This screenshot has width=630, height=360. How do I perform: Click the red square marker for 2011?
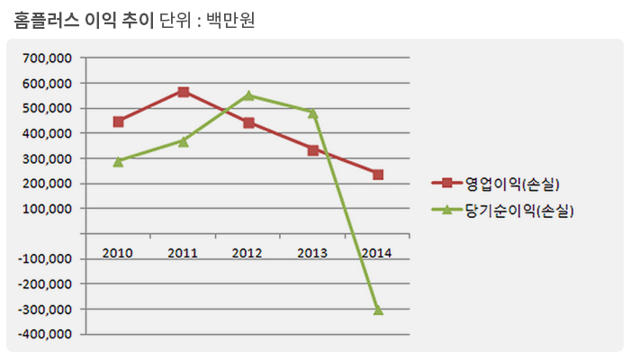point(183,92)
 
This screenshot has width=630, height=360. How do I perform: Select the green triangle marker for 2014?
point(378,310)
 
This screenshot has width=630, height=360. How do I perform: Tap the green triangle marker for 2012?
point(248,95)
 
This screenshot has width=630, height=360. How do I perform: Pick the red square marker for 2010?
point(118,121)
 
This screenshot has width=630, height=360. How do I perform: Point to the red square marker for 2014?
point(378,175)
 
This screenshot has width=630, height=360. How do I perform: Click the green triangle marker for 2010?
point(118,161)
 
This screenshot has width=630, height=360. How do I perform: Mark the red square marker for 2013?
point(313,150)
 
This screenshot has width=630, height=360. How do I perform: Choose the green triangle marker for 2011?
point(183,141)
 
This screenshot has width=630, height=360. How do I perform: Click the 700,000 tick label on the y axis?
point(49,58)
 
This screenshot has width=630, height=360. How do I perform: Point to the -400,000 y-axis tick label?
point(47,335)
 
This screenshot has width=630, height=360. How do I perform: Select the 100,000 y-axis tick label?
point(49,209)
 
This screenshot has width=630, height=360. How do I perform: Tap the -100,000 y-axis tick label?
point(47,259)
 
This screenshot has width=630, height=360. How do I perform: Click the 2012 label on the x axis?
point(248,252)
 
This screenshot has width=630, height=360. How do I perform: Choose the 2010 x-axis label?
point(118,252)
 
